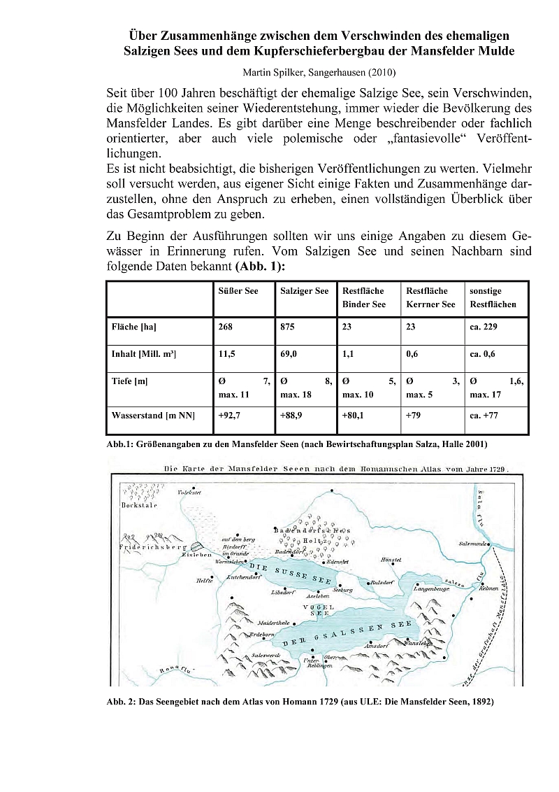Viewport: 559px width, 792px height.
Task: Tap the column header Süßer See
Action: (x=238, y=291)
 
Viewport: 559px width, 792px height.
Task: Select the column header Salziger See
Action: (x=304, y=291)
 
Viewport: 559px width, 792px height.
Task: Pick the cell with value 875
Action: (x=288, y=327)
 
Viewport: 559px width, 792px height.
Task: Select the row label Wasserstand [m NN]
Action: (x=153, y=416)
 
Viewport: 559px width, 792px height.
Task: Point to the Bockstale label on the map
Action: (x=138, y=505)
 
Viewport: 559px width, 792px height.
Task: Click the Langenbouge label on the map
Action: (x=431, y=590)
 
